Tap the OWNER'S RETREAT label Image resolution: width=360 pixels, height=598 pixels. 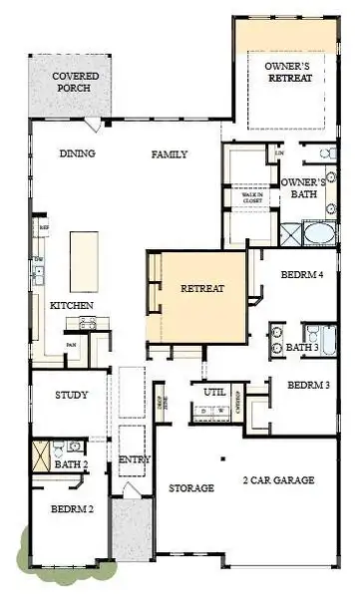[288, 72]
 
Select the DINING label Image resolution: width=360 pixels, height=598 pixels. [77, 154]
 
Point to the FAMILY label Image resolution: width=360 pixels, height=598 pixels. [170, 154]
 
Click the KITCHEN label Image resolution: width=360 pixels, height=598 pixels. [72, 304]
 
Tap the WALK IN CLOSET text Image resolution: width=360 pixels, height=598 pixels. [253, 197]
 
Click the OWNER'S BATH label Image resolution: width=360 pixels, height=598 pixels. [304, 188]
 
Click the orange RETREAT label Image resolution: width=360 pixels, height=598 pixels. [202, 289]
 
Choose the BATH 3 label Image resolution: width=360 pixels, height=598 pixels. [302, 348]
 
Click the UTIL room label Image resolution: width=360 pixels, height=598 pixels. [214, 392]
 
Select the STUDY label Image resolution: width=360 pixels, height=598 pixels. [72, 395]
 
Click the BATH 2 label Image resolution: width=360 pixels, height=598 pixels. [73, 464]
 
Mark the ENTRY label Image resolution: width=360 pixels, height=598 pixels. [134, 459]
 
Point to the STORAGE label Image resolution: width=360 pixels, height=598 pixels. [190, 488]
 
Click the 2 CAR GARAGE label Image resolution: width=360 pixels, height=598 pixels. [278, 480]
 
